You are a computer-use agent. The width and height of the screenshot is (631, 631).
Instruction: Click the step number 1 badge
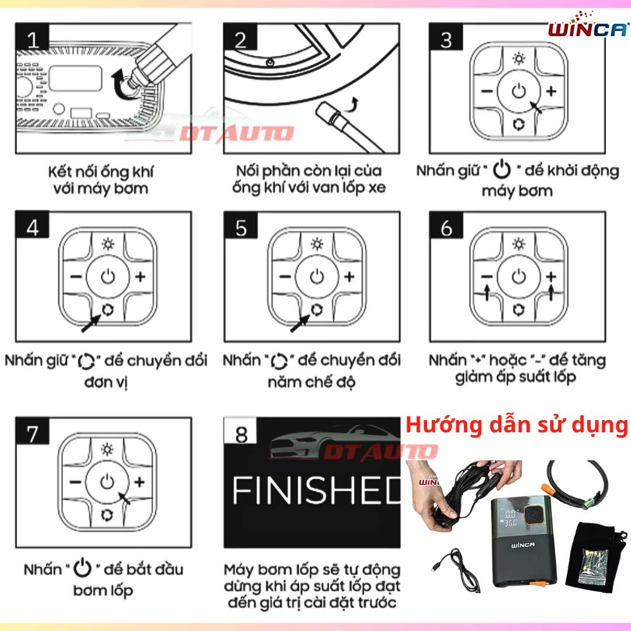(x=32, y=37)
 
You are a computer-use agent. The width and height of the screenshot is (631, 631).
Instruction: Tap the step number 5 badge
(x=241, y=226)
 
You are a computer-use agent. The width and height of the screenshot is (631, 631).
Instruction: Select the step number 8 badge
(x=241, y=431)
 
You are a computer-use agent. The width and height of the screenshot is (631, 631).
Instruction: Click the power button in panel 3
(x=519, y=91)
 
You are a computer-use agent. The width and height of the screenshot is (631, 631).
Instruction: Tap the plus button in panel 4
(x=140, y=277)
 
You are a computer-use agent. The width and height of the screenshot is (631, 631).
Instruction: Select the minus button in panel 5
(x=285, y=277)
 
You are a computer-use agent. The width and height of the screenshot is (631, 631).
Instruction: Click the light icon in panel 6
(x=519, y=244)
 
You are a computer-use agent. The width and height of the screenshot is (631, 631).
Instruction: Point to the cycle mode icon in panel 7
(x=107, y=515)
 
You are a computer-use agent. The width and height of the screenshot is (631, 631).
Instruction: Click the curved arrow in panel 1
(x=122, y=84)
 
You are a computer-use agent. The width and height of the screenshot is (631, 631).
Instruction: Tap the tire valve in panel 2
(x=270, y=63)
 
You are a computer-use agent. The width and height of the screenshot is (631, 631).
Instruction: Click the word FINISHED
(x=317, y=490)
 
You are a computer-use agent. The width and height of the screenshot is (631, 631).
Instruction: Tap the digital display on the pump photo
(x=510, y=518)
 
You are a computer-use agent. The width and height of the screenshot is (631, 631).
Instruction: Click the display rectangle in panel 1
(x=75, y=78)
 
